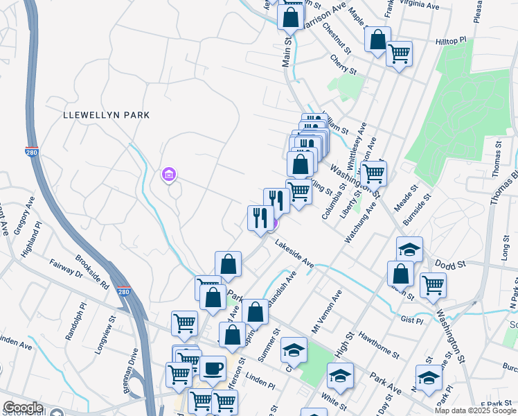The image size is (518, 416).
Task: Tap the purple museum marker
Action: (169, 176)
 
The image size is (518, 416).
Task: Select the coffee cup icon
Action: (213, 367)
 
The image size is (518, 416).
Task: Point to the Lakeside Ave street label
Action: (294, 254)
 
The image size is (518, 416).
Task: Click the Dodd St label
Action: (450, 265)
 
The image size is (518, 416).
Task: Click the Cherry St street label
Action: (343, 66)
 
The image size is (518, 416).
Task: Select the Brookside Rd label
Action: (93, 274)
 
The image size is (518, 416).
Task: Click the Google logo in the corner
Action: (24, 408)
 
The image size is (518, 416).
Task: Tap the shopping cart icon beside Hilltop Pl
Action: (399, 53)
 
